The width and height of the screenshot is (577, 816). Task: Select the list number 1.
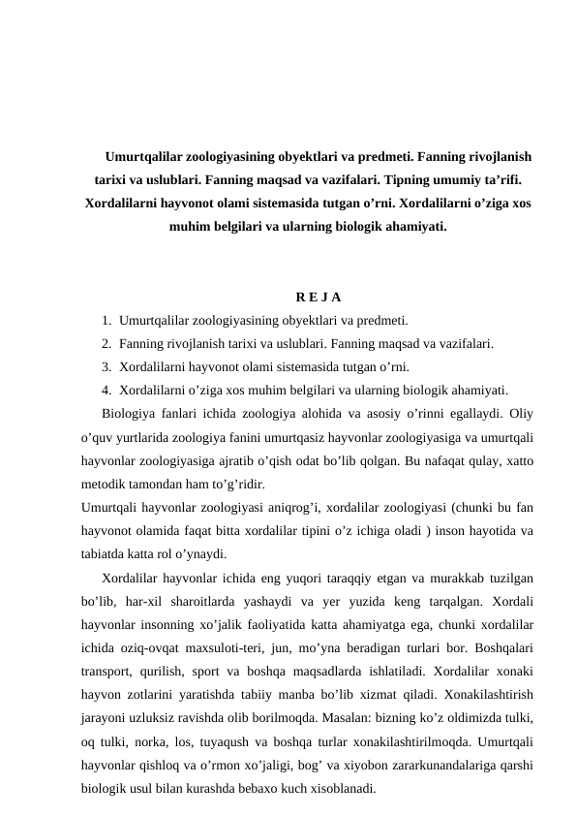[104, 320]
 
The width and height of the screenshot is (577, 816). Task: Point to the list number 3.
[104, 367]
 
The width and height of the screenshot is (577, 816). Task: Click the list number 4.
[104, 392]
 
